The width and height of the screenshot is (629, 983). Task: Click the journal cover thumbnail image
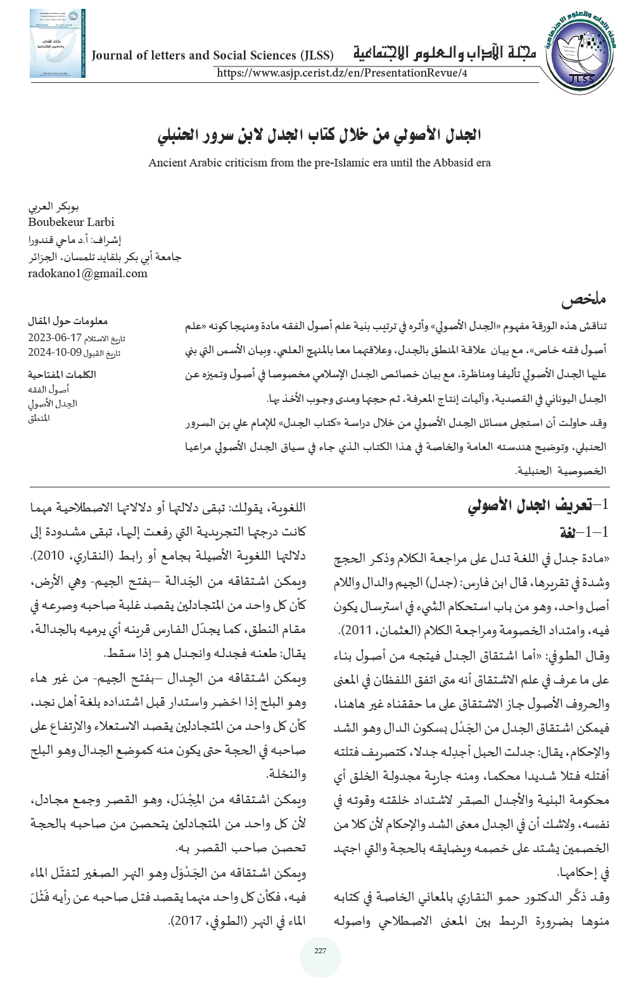pyautogui.click(x=57, y=44)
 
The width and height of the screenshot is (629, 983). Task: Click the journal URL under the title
pyautogui.click(x=342, y=73)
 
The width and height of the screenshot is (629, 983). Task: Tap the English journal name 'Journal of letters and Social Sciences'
pyautogui.click(x=212, y=56)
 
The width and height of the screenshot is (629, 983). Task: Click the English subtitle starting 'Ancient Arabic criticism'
pyautogui.click(x=319, y=163)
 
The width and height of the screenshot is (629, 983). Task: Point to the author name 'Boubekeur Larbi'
pyautogui.click(x=71, y=222)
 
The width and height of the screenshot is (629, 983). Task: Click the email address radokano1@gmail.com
pyautogui.click(x=87, y=273)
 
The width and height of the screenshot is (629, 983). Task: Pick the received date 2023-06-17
pyautogui.click(x=54, y=338)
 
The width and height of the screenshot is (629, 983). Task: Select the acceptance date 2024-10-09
pyautogui.click(x=54, y=353)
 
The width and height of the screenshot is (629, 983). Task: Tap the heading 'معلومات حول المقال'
pyautogui.click(x=68, y=321)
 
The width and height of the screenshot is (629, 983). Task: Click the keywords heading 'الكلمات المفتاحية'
pyautogui.click(x=61, y=374)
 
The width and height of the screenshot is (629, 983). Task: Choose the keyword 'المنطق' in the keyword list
pyautogui.click(x=39, y=418)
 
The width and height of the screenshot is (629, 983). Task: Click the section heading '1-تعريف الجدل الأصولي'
pyautogui.click(x=538, y=505)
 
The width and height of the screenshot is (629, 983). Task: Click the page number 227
pyautogui.click(x=320, y=951)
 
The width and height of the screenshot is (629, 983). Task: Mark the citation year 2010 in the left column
pyautogui.click(x=49, y=556)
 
